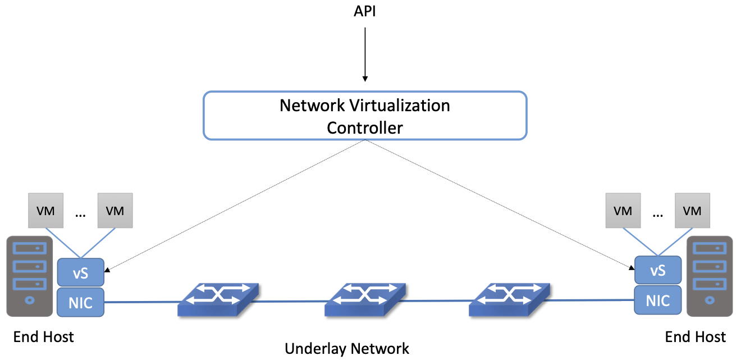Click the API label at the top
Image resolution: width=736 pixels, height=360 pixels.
pyautogui.click(x=365, y=11)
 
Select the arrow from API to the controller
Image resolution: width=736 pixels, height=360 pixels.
pyautogui.click(x=365, y=53)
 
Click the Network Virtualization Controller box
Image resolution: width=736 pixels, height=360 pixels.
pyautogui.click(x=365, y=116)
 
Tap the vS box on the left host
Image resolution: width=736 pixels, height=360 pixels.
pyautogui.click(x=81, y=272)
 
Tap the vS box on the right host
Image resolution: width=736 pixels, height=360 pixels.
pyautogui.click(x=658, y=270)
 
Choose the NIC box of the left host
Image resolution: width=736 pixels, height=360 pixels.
pyautogui.click(x=81, y=303)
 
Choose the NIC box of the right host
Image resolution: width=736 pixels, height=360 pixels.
pyautogui.click(x=658, y=300)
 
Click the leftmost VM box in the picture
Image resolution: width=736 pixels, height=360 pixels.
pyautogui.click(x=45, y=211)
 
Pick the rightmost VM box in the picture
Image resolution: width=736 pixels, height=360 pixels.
pyautogui.click(x=692, y=211)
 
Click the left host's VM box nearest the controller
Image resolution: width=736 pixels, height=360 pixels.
pyautogui.click(x=115, y=211)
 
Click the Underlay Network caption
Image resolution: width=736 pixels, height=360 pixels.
pyautogui.click(x=347, y=349)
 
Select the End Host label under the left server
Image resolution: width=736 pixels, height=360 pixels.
pyautogui.click(x=44, y=338)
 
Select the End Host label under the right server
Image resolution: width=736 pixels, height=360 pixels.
pyautogui.click(x=695, y=338)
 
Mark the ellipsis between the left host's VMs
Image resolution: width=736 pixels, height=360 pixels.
pyautogui.click(x=80, y=214)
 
